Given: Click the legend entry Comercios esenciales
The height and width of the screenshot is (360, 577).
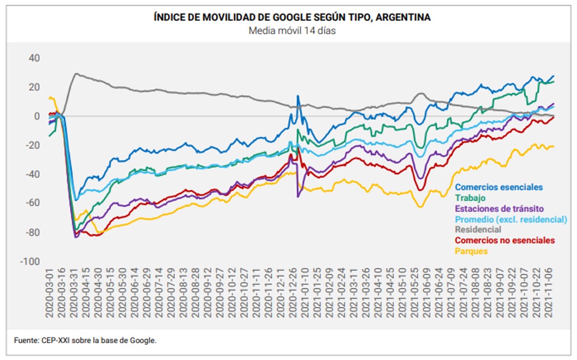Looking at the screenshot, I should [499, 187].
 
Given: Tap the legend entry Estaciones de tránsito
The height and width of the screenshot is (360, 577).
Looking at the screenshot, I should [499, 208].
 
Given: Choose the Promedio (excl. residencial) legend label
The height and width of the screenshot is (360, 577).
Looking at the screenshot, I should [511, 219].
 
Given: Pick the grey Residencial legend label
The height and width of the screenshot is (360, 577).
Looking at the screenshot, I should [478, 230].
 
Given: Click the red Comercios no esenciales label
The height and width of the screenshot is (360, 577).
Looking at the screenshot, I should [505, 240].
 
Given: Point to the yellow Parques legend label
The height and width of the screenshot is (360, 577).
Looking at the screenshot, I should [471, 251].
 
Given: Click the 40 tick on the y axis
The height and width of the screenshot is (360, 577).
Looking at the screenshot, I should [34, 58].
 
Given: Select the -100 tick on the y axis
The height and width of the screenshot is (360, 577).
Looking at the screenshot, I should [30, 262].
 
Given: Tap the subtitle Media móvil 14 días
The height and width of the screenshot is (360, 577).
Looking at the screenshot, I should [292, 31].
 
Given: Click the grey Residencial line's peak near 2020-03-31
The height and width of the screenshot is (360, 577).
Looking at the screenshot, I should [76, 74].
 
